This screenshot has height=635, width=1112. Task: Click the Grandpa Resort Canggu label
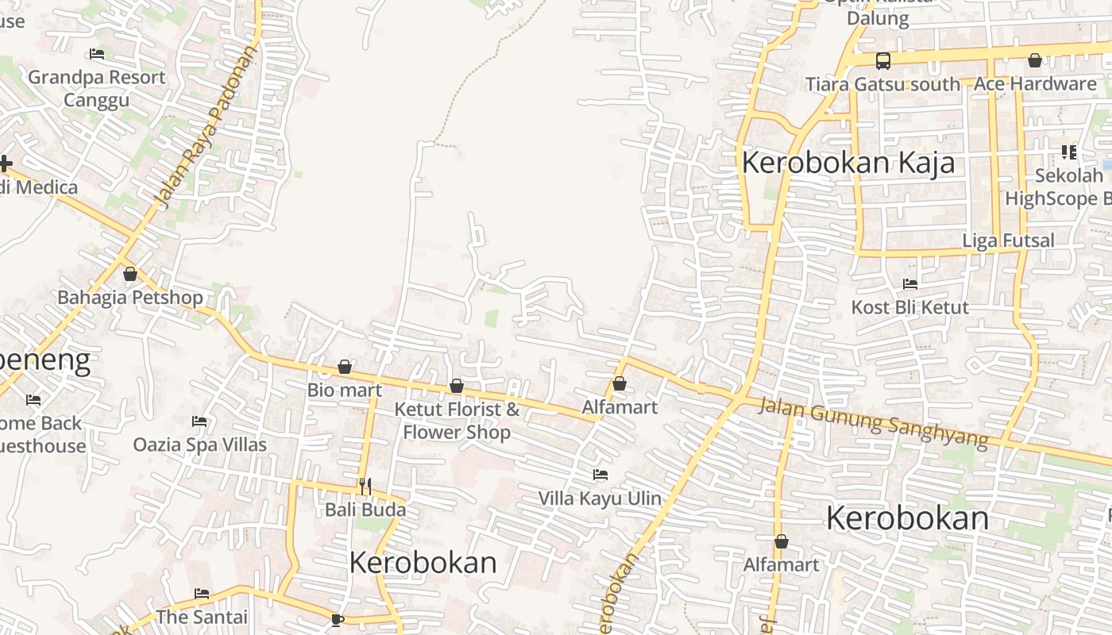[96, 88]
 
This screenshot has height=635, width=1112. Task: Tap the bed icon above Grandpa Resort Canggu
[97, 55]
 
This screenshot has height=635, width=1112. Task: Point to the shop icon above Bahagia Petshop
[130, 274]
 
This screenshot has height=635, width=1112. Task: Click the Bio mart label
[345, 390]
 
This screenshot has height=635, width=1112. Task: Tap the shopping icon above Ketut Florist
[457, 386]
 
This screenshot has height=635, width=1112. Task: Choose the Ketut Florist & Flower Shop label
[457, 421]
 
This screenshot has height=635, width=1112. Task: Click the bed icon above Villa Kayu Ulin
[600, 475]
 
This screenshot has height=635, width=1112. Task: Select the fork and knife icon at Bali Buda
[365, 486]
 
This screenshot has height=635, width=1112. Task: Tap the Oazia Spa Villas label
[199, 444]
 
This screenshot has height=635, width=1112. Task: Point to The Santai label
[202, 617]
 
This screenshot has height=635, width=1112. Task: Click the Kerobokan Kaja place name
[848, 163]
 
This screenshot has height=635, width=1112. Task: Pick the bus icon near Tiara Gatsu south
[882, 60]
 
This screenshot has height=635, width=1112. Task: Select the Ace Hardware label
[1035, 83]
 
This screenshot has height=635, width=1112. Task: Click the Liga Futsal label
[1009, 241]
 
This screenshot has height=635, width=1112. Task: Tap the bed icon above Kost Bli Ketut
[910, 283]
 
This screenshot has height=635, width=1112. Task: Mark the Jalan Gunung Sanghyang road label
[874, 422]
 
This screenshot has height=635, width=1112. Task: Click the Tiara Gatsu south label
[882, 83]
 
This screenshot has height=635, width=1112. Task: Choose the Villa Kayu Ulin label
[600, 498]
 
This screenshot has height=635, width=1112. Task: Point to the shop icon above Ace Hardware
[1035, 60]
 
